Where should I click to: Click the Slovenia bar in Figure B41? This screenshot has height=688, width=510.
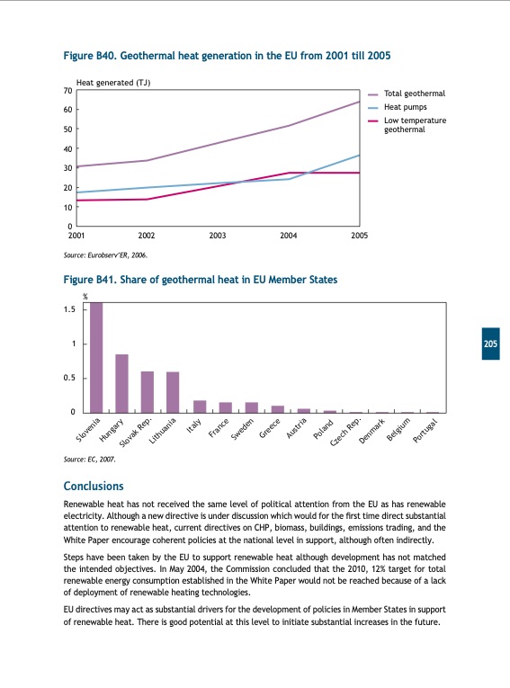(96, 357)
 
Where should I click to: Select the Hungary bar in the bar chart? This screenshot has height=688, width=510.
(121, 383)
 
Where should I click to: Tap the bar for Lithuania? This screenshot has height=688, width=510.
(173, 392)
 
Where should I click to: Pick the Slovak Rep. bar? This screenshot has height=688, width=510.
(148, 392)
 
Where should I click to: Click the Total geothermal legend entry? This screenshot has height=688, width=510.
(414, 94)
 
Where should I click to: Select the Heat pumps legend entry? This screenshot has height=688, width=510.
(404, 107)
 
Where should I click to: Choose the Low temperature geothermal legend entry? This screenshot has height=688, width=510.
(415, 125)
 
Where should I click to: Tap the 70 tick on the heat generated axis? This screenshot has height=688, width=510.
(67, 91)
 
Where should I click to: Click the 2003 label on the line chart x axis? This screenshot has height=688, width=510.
(217, 235)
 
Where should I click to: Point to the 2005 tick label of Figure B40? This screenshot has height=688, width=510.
(359, 235)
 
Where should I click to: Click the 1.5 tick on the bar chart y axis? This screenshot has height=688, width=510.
(68, 309)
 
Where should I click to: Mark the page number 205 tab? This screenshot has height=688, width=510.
(491, 344)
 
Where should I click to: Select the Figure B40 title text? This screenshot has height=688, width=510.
(227, 56)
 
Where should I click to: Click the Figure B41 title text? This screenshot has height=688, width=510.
(201, 280)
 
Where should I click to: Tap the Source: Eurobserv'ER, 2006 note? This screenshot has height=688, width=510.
(105, 255)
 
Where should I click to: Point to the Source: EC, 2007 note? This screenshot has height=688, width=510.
(90, 460)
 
